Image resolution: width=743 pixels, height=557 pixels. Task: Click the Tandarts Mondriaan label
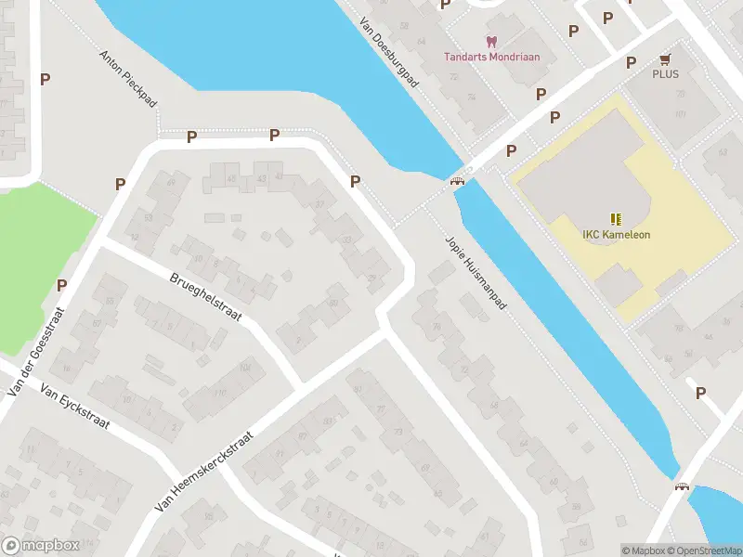pos(491,56)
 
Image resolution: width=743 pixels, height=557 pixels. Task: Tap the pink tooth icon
pos(491,41)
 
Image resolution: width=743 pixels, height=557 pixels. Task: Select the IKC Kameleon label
pos(616,235)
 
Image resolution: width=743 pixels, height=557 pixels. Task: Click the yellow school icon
pos(616,219)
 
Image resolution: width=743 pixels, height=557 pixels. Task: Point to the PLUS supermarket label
pos(665,74)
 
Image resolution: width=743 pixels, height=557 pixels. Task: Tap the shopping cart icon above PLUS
pos(665,58)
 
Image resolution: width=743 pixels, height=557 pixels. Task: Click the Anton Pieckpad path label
pos(128,78)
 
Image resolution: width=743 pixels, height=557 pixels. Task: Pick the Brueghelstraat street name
pos(205,297)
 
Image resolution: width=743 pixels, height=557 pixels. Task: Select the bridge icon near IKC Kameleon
pos(457,181)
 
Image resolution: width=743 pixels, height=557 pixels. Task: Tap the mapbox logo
pos(40,546)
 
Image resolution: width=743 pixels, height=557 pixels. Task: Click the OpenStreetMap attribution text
pos(704,551)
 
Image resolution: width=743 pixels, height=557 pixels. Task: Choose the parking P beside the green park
pos(62,285)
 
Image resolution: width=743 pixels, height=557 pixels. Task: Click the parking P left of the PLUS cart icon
pos(631,62)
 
